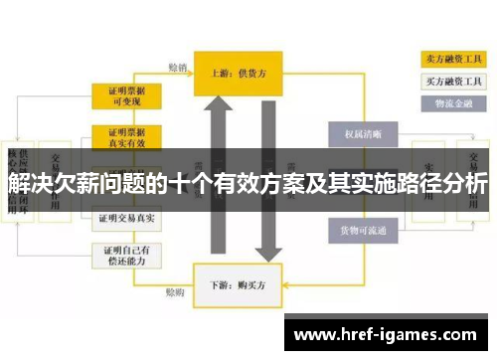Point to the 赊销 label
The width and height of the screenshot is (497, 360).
(178, 69)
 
